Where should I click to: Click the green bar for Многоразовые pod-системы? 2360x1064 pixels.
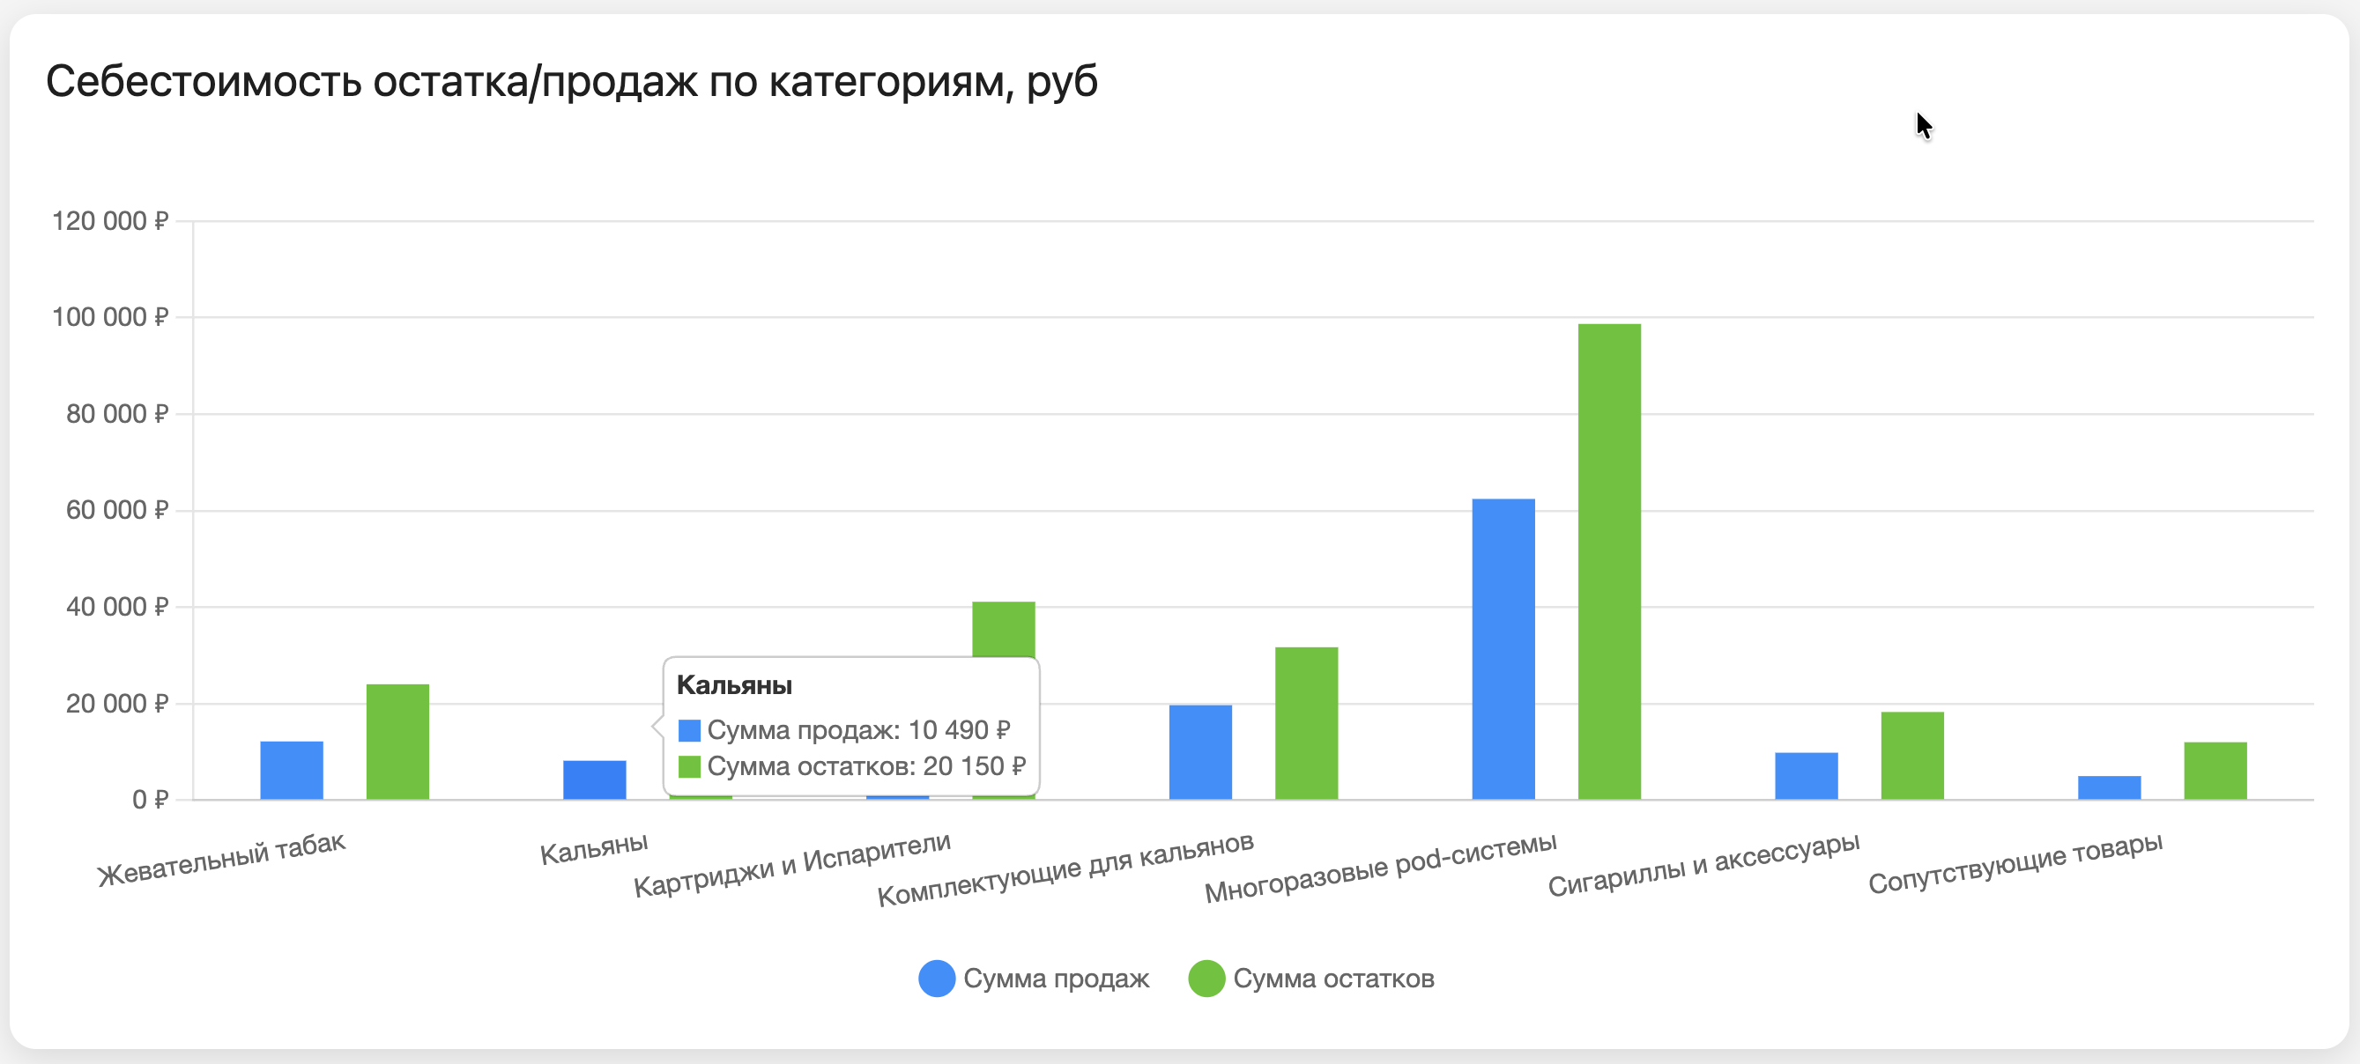point(1609,561)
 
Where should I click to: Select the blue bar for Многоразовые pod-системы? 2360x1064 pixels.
point(1503,648)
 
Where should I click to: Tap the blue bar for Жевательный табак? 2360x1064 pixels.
point(292,770)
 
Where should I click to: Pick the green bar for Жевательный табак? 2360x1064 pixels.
point(397,742)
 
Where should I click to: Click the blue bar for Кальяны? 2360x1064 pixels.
point(595,780)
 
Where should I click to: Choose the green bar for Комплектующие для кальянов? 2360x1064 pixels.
point(1305,723)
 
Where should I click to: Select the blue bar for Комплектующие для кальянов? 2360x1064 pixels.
point(1200,752)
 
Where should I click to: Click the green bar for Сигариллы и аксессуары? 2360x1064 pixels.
point(1912,756)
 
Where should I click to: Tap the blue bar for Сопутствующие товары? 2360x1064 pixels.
point(2109,787)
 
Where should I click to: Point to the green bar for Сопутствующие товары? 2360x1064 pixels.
point(2215,770)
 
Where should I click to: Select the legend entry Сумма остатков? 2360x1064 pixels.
point(1311,978)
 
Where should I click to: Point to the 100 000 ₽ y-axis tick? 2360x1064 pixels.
point(111,317)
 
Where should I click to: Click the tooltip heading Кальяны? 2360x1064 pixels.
point(734,685)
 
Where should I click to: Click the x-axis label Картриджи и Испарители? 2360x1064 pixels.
point(792,864)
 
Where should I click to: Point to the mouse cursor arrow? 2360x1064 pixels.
point(1922,124)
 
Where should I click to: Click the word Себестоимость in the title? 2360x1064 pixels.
point(204,82)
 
